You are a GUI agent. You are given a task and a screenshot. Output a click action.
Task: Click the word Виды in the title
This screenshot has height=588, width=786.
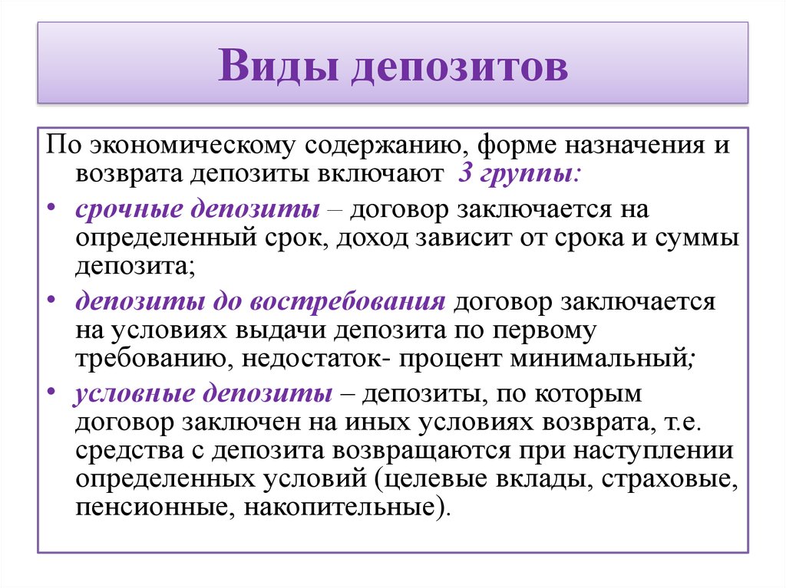pos(277,65)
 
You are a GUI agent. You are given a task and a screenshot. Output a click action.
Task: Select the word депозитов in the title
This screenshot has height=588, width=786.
pos(460,67)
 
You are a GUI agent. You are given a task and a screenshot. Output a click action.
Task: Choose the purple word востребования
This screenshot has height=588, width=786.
pos(347,302)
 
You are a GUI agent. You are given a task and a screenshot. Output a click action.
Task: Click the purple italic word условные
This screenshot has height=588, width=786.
pos(134,393)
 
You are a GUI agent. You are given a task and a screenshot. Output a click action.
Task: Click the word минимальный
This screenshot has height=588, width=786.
pos(599,359)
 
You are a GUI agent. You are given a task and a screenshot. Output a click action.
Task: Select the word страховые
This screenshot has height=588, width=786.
pos(669,480)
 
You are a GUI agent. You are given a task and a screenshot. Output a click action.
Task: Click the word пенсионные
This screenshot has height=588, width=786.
pos(155,508)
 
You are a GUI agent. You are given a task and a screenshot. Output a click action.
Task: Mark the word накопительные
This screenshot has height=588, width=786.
pos(339,508)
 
